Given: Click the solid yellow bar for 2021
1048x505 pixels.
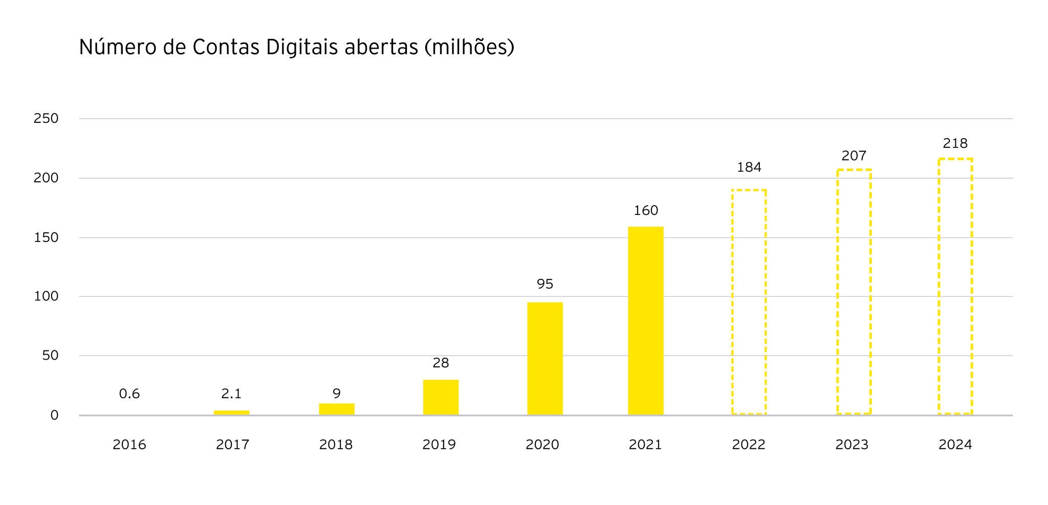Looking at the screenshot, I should click(x=646, y=320).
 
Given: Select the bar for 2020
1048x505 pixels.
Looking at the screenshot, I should click(x=545, y=358).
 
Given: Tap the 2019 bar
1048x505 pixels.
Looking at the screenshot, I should click(x=441, y=397).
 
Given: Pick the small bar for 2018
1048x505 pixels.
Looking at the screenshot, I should click(x=337, y=409).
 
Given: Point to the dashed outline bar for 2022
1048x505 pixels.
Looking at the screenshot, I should click(x=749, y=302).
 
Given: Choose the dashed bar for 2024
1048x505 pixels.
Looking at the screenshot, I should click(x=955, y=287).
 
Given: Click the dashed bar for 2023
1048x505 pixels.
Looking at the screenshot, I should click(x=854, y=292).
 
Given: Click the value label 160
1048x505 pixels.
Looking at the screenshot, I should click(x=646, y=210).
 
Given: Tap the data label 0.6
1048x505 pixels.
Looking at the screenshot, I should click(x=129, y=393).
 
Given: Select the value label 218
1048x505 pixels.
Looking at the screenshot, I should click(x=955, y=143).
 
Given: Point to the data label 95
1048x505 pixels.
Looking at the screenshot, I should click(x=545, y=284).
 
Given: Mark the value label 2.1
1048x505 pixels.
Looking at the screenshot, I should click(x=231, y=393).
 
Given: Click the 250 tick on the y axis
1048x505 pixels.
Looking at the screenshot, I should click(x=46, y=118).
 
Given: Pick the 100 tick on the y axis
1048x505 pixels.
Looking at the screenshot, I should click(x=46, y=296).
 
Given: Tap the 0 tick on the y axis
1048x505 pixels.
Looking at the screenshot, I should click(x=54, y=415).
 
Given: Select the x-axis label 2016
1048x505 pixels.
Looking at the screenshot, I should click(x=129, y=445).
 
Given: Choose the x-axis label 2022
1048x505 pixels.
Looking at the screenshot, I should click(x=749, y=445).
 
